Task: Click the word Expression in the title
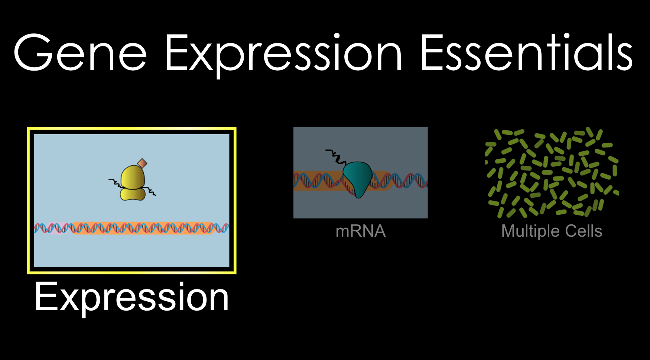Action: [283, 53]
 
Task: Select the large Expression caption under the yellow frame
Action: [131, 297]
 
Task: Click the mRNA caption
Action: [360, 231]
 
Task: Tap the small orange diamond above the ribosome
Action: [142, 163]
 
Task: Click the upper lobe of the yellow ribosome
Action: [132, 178]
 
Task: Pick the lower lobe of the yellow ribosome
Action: [133, 194]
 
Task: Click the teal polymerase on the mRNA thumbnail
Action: [357, 176]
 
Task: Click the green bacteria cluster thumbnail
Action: [552, 173]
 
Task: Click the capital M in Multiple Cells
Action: [509, 231]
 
